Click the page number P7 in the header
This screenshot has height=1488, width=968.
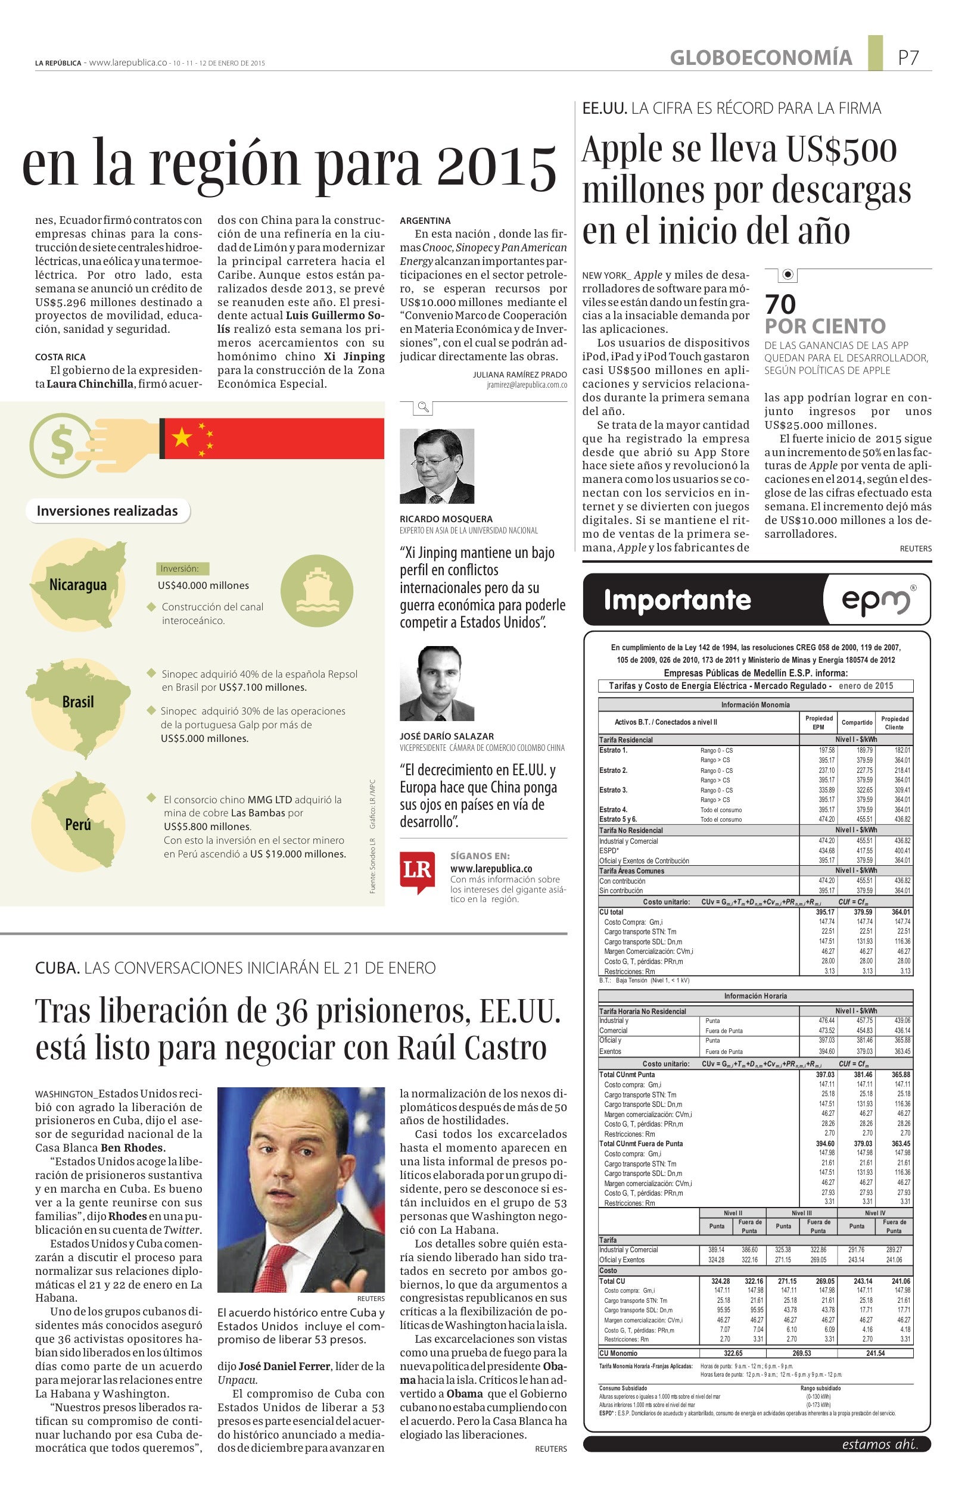pos(908,58)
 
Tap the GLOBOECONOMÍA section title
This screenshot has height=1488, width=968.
pos(760,58)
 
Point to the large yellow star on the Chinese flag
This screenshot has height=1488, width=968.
pos(182,438)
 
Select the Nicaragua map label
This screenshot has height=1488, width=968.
pos(78,585)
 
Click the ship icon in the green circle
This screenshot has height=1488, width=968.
pos(316,589)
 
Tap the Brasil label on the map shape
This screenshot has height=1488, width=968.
pos(78,701)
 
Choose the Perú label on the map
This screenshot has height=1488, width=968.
pos(78,825)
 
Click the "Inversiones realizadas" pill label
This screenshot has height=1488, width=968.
pos(108,511)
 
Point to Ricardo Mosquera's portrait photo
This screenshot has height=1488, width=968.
pos(437,466)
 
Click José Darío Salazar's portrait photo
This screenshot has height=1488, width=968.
pos(437,684)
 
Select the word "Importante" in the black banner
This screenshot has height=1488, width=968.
pos(677,600)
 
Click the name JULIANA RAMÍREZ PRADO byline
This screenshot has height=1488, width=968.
pos(519,375)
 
